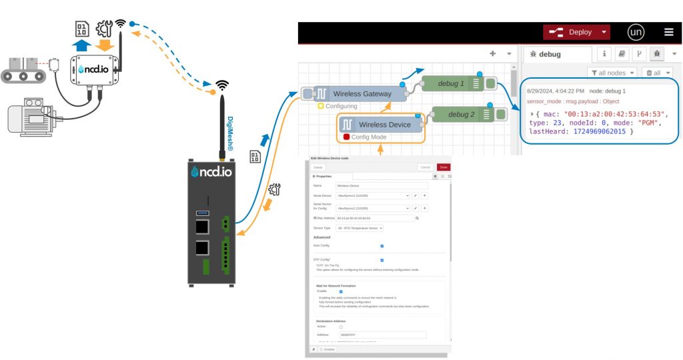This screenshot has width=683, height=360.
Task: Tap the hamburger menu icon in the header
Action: pos(668,32)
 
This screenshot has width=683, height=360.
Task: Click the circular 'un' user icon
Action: pos(636,32)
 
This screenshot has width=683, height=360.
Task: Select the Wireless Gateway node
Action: pos(362,94)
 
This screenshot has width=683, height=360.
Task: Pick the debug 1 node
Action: pos(452,83)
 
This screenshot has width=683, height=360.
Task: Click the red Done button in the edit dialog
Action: pos(444,167)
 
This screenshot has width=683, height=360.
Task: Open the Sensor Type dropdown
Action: pos(360,228)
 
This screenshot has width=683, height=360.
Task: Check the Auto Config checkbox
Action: pos(382,246)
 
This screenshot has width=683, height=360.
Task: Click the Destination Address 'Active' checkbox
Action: pos(341,327)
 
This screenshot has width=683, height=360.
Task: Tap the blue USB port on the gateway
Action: pos(201,213)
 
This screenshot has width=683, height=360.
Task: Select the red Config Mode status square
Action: pos(346,137)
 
